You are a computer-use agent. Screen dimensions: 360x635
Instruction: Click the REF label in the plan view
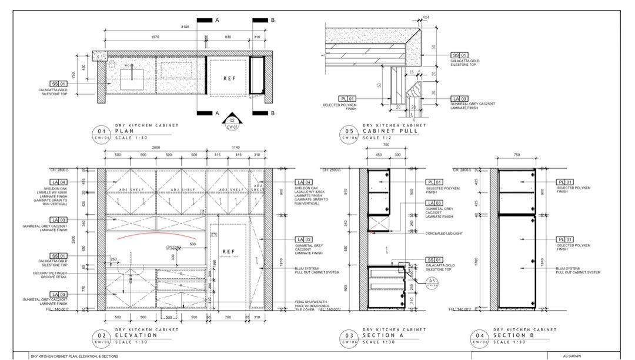coord(229,78)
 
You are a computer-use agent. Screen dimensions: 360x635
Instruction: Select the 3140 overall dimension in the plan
coord(185,27)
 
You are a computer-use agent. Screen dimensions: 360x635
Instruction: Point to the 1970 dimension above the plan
coord(155,37)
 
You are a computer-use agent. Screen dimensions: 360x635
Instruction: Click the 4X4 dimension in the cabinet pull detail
coord(426,18)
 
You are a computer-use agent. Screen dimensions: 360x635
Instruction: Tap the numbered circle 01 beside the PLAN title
coord(101,132)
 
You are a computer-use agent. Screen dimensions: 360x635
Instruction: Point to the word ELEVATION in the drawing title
coord(136,335)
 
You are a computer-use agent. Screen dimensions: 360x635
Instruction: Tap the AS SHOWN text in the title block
coord(572,356)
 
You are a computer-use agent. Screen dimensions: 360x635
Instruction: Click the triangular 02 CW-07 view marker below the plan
coord(232,121)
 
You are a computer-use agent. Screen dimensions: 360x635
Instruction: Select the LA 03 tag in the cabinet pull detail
coord(460,99)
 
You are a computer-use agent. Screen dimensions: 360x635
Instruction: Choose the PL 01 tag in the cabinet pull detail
coord(347,99)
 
